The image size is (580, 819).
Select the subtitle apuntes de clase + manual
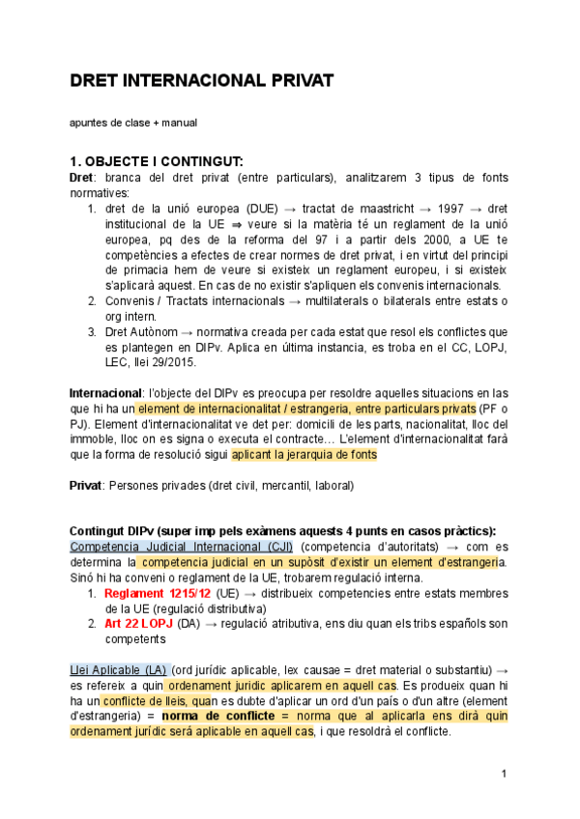click(133, 123)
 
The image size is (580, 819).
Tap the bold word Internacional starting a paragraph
click(104, 393)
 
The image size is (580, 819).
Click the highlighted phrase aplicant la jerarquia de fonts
click(304, 454)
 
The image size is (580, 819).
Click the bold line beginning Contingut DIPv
click(282, 531)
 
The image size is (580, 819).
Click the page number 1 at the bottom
click(505, 776)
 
